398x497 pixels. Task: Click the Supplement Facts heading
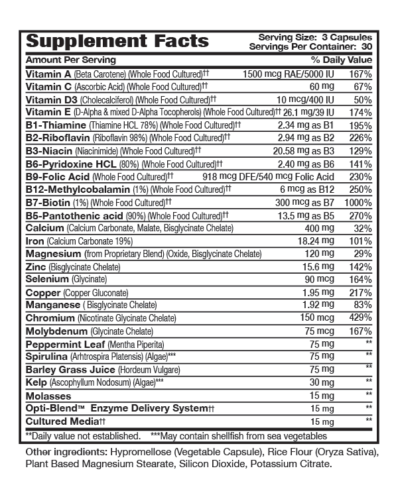117,41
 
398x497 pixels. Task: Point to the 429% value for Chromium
359,318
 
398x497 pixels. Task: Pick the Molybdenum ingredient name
56,331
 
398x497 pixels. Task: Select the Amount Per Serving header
62,60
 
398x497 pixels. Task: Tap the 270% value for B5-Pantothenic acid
359,215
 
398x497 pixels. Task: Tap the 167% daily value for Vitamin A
359,74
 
